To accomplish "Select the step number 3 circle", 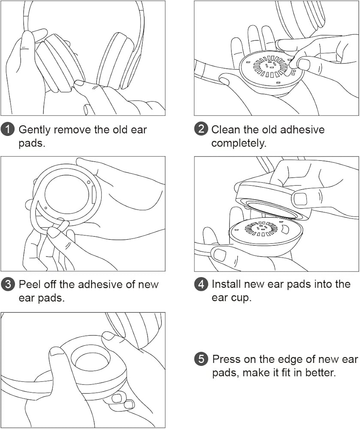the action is coord(8,284).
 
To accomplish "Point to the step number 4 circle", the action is coord(201,284).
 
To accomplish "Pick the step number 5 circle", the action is coord(201,359).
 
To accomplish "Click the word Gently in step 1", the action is coord(34,130).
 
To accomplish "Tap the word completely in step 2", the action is coord(239,143).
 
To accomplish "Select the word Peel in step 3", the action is coord(29,284).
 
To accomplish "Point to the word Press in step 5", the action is coord(226,359).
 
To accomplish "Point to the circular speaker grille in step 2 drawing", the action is coord(270,66).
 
